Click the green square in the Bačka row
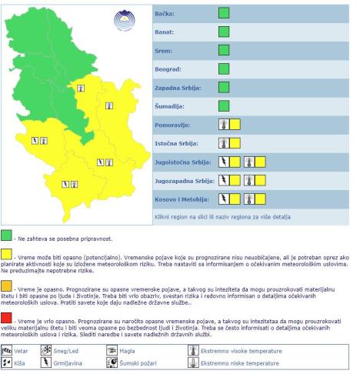click(x=224, y=13)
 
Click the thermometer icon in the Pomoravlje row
click(x=224, y=125)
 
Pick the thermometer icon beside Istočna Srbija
click(x=224, y=143)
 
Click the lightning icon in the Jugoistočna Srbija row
click(x=224, y=162)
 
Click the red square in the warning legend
click(x=7, y=316)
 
